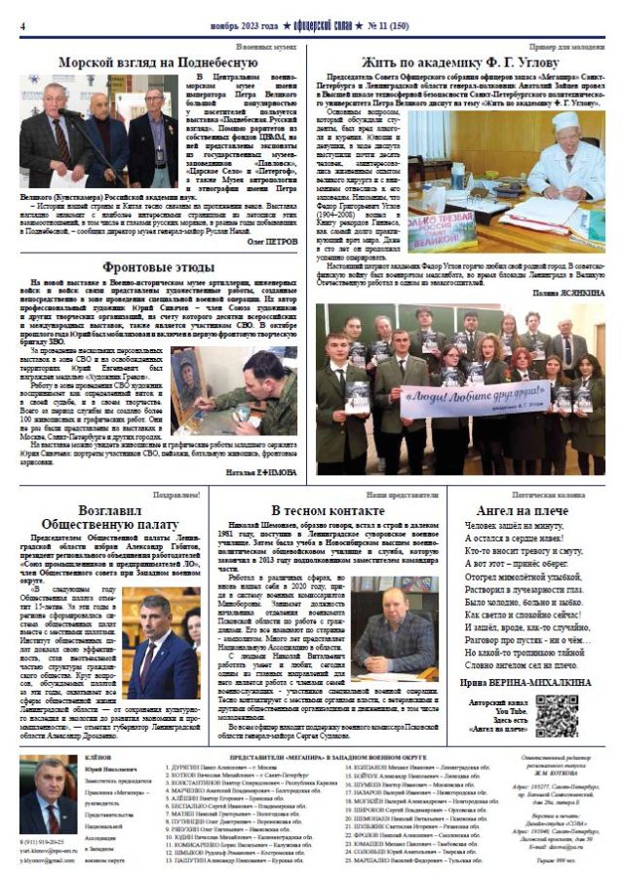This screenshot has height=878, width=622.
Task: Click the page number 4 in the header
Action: pyautogui.click(x=22, y=25)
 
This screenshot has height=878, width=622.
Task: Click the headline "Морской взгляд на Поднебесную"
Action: pyautogui.click(x=156, y=60)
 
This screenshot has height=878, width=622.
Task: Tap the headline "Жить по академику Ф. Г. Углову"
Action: pyautogui.click(x=465, y=60)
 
